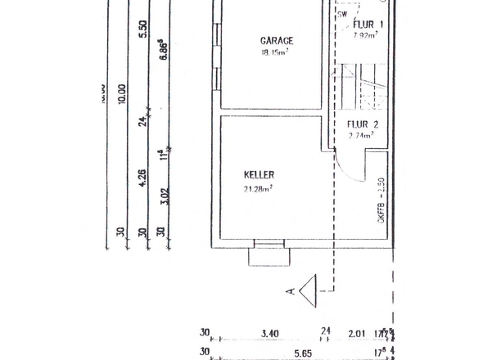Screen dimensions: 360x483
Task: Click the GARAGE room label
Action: coord(277,40)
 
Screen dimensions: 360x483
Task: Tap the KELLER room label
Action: coord(259,175)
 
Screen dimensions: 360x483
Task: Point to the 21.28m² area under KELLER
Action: coord(259,188)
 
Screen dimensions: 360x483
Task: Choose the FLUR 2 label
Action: coord(362,125)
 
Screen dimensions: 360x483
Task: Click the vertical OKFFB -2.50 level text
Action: coord(381,200)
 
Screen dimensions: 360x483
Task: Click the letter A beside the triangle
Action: coord(291,289)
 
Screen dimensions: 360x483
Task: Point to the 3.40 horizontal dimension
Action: coord(269,333)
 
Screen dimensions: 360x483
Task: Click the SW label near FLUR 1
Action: coord(341,14)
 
